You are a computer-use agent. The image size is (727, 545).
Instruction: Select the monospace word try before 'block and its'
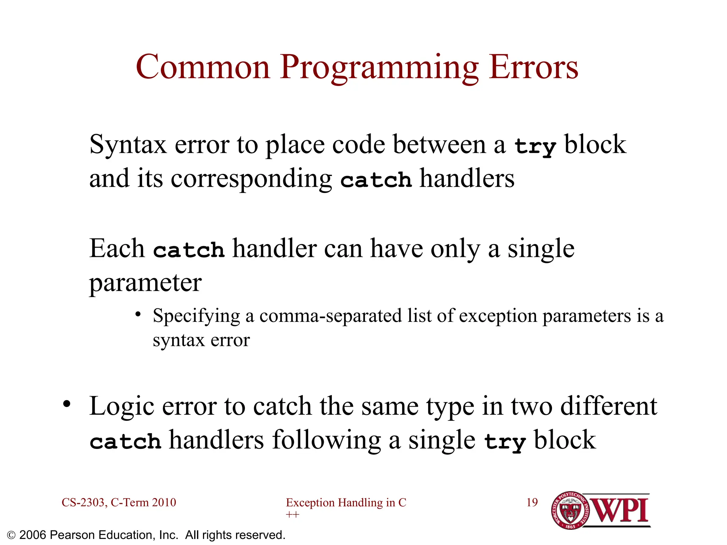[535, 146]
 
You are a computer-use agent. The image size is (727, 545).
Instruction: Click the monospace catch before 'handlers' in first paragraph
[376, 180]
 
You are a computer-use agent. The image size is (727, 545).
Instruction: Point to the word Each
[117, 249]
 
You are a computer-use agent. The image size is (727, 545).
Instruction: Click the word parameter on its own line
[145, 283]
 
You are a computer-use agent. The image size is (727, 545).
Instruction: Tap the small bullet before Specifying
[138, 314]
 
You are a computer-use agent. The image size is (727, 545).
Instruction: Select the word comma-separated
[330, 316]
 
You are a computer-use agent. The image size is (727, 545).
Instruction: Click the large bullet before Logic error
[67, 404]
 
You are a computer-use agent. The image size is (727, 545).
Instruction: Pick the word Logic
[122, 407]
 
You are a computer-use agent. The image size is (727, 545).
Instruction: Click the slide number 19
[532, 502]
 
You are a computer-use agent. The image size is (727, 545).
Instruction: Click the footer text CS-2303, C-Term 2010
[119, 502]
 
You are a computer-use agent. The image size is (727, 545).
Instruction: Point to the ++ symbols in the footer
[293, 514]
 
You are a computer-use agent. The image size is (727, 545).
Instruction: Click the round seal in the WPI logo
[570, 510]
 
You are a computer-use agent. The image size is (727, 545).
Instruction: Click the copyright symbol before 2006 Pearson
[11, 535]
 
